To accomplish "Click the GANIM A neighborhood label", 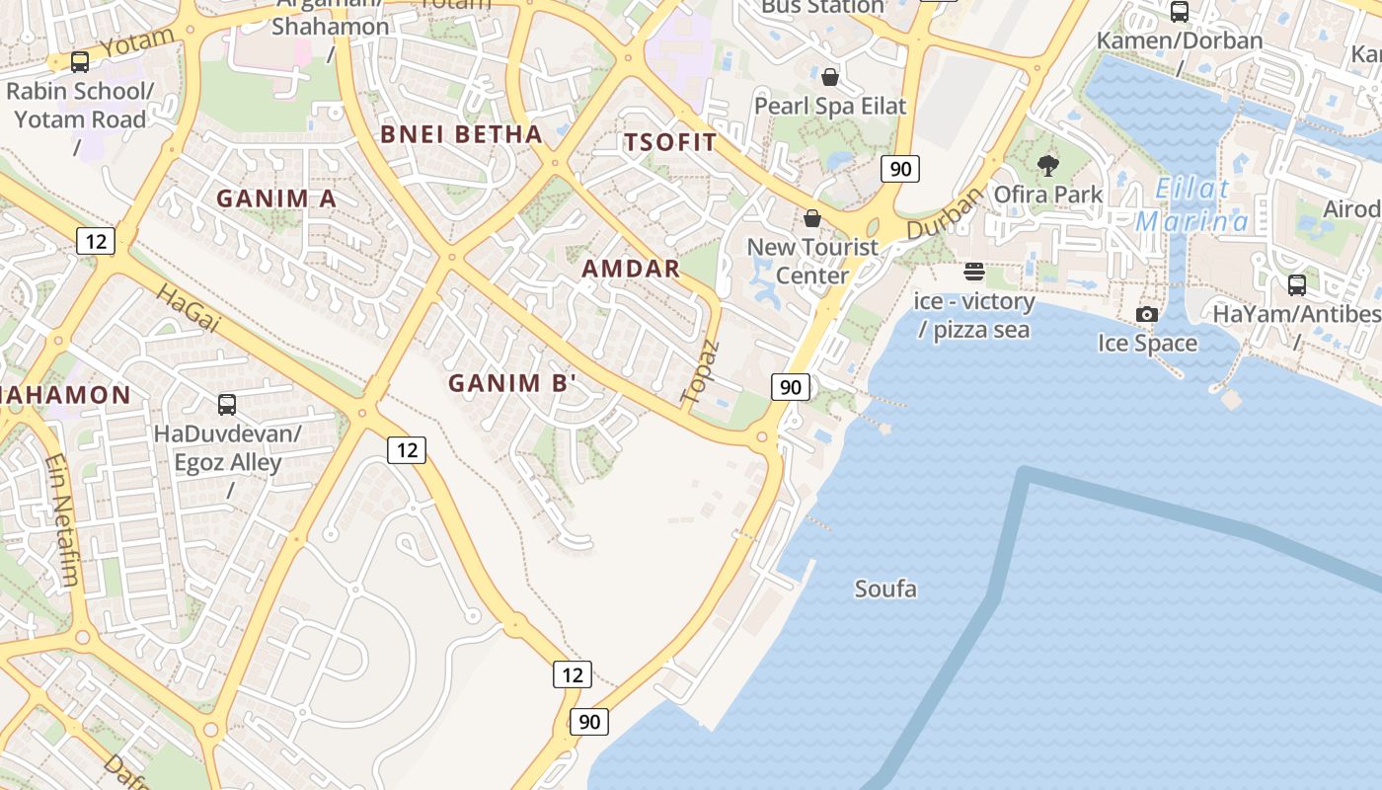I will tap(276, 198).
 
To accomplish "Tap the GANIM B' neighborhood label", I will tap(511, 383).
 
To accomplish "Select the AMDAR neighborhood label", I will tap(631, 269).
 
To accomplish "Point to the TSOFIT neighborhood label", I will tap(670, 142).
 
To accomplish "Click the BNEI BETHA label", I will tap(461, 134).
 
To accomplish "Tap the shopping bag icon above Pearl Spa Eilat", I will tap(830, 76).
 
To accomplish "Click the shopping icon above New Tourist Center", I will tap(812, 217).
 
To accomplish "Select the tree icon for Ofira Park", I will tap(1048, 165).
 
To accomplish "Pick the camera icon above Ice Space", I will tap(1147, 314).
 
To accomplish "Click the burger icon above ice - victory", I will tap(974, 272).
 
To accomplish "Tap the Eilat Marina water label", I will tap(1191, 204).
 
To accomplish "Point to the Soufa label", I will tap(885, 590).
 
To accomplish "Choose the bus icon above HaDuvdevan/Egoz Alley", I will tap(227, 404).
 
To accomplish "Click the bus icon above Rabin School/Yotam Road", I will tap(80, 62).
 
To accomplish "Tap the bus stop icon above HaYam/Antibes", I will tap(1297, 285).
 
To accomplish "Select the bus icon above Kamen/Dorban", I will tap(1180, 12).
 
